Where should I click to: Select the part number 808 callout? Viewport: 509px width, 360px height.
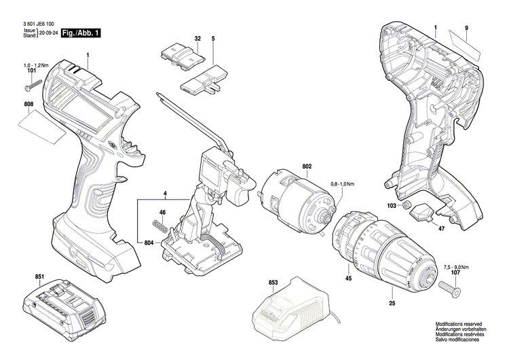click(28, 105)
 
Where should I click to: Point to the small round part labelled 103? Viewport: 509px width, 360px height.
click(407, 205)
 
